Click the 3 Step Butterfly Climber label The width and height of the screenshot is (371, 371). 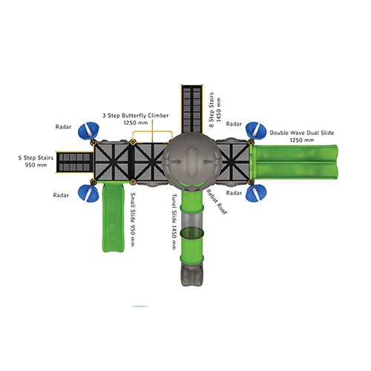click(136, 119)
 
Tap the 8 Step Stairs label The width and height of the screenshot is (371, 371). click(214, 110)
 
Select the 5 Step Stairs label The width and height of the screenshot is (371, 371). click(36, 161)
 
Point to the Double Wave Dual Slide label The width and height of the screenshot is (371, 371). click(302, 137)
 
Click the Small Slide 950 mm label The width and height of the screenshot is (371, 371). click(133, 219)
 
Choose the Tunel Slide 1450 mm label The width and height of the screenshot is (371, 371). click(174, 222)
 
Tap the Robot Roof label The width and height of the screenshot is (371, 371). click(217, 202)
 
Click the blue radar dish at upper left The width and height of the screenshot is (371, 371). click(88, 130)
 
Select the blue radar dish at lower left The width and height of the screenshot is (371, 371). click(88, 193)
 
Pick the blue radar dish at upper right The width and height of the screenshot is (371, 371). click(256, 131)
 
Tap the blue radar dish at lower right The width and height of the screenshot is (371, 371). click(256, 193)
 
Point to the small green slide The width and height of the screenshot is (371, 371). click(113, 217)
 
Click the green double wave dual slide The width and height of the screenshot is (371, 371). click(295, 162)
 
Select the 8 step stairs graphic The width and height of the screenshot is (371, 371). click(192, 109)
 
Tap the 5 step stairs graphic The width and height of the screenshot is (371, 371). click(74, 162)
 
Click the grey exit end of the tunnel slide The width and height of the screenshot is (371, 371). click(192, 274)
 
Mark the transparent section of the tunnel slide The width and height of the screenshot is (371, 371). click(192, 220)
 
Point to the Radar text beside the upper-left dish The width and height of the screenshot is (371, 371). click(63, 127)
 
